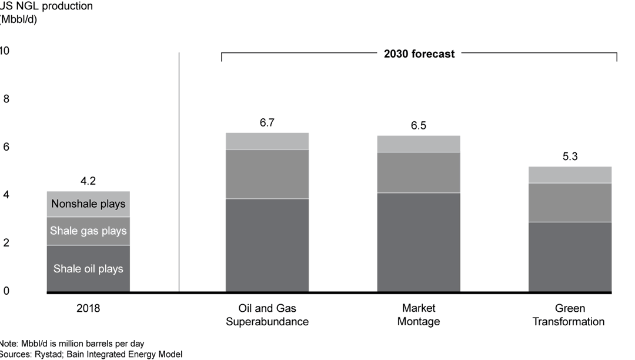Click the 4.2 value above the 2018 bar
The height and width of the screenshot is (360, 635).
88,182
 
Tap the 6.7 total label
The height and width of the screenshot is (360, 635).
268,123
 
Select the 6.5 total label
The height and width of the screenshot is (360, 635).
419,126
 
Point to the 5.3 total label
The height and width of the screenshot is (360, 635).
570,157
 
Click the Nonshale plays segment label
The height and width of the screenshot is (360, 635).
88,204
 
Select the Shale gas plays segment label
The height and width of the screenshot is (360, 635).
88,231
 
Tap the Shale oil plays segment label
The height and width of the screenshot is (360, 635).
88,269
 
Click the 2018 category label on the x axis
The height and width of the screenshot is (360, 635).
88,308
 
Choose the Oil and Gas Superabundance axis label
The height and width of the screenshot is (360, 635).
268,315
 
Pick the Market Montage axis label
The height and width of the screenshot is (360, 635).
419,315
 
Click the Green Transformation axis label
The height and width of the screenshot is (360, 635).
570,315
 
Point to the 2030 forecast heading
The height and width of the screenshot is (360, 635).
419,54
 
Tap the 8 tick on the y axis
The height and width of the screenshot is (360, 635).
6,99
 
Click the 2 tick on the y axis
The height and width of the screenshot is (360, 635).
6,243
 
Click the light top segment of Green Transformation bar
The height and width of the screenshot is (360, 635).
570,175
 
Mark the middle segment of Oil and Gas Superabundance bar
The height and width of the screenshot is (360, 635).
268,174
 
